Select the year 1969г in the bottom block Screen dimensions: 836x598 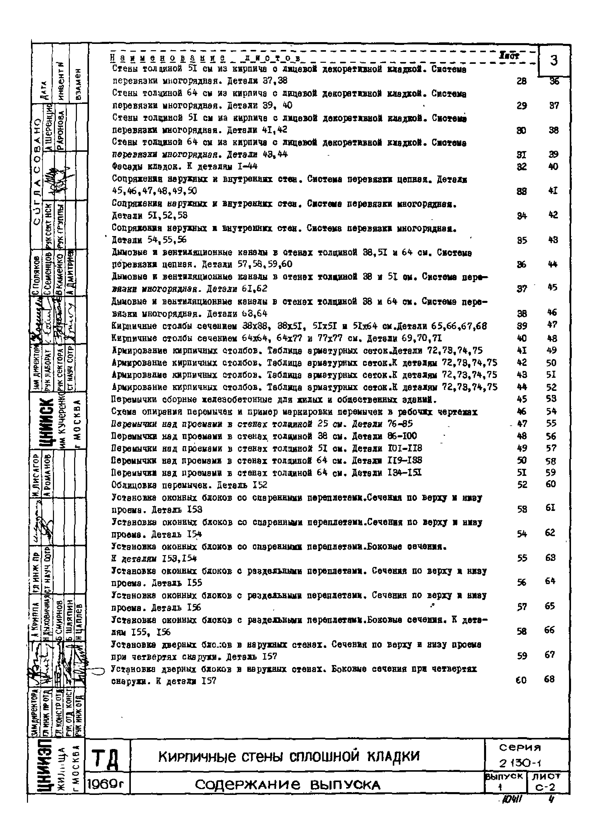(107, 786)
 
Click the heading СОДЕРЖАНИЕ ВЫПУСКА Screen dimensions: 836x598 (287, 786)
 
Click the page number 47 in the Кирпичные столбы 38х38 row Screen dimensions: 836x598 (552, 325)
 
